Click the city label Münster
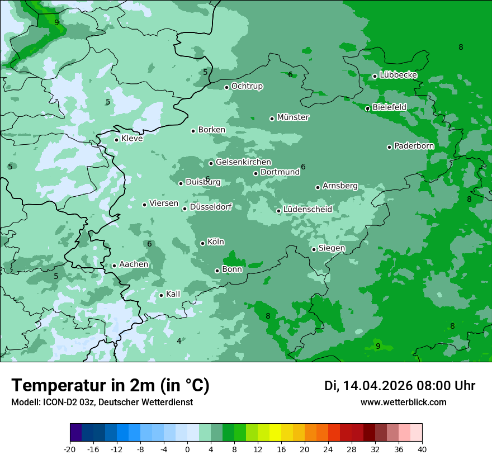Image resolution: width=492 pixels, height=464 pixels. [293, 117]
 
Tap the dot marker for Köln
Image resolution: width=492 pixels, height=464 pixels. [202, 243]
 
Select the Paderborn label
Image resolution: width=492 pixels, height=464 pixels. [414, 146]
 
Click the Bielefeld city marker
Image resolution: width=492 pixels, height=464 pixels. [367, 108]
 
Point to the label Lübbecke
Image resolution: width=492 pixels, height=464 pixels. [399, 75]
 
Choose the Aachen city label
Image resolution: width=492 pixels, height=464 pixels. [134, 264]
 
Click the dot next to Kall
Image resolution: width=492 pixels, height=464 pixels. [161, 295]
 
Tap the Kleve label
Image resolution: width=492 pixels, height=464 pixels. [132, 139]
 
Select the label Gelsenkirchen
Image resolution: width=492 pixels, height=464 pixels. [243, 162]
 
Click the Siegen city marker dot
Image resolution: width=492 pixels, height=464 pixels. [314, 249]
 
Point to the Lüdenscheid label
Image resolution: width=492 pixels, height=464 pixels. [307, 210]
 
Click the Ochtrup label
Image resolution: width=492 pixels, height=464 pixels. [247, 86]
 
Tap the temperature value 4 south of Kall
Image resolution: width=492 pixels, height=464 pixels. [179, 341]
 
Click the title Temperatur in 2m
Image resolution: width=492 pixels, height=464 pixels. [110, 385]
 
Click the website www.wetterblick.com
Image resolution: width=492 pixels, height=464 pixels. [404, 402]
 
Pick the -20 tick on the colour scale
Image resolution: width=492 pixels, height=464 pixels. [70, 449]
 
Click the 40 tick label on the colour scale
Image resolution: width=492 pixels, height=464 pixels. [422, 449]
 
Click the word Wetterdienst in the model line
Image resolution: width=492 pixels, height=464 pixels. [168, 402]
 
